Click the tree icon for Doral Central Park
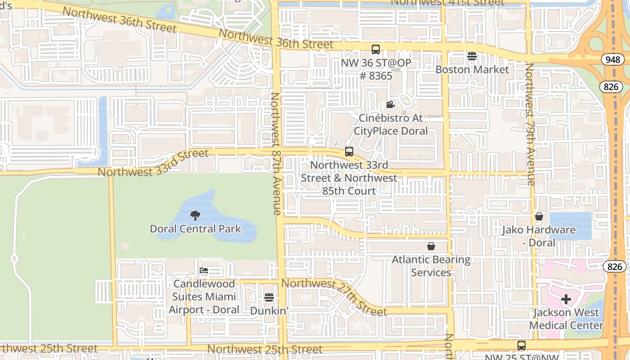click(x=195, y=216)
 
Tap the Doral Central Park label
click(x=195, y=229)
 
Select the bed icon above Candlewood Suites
click(x=204, y=270)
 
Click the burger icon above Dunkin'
click(x=269, y=297)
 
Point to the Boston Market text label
click(x=472, y=70)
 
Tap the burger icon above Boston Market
click(x=472, y=56)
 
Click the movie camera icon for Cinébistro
click(x=390, y=105)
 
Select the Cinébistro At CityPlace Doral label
click(x=390, y=125)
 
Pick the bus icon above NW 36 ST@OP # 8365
click(x=376, y=49)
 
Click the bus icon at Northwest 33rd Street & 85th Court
click(x=349, y=152)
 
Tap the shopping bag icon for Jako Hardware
click(x=539, y=217)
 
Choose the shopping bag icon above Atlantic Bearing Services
click(x=431, y=246)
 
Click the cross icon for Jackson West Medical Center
click(x=566, y=299)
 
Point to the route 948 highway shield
click(x=612, y=60)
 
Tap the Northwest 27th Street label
click(x=334, y=297)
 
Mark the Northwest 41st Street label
click(x=447, y=3)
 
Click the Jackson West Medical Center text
click(x=566, y=319)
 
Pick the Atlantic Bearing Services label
click(x=431, y=266)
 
